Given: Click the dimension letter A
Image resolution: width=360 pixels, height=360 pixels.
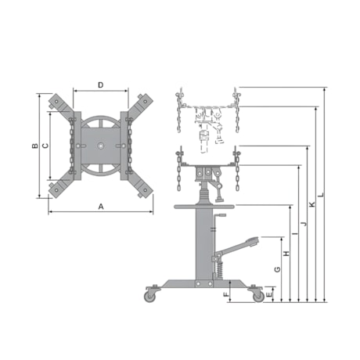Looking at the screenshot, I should tap(100, 207).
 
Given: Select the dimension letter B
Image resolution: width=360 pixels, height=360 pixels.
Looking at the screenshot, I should tap(34, 146).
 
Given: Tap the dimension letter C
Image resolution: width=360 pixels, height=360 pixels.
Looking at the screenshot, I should tap(45, 146).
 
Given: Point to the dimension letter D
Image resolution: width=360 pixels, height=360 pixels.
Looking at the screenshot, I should tap(101, 85).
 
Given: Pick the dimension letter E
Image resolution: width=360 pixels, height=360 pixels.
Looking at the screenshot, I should tap(269, 295).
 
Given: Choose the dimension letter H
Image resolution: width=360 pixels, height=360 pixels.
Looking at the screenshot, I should tap(286, 254).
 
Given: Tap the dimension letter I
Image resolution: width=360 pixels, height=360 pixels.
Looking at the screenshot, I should tap(295, 233).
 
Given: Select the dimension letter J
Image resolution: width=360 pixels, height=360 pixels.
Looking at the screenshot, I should tap(304, 224).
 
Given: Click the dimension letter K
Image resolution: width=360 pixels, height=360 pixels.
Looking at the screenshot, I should tap(312, 204).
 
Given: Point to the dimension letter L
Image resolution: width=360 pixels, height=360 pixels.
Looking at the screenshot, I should tap(321, 194).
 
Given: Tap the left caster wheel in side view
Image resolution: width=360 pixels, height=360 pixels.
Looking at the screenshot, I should tap(149, 296).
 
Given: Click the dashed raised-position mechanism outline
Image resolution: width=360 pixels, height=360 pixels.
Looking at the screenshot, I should tap(207, 121).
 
